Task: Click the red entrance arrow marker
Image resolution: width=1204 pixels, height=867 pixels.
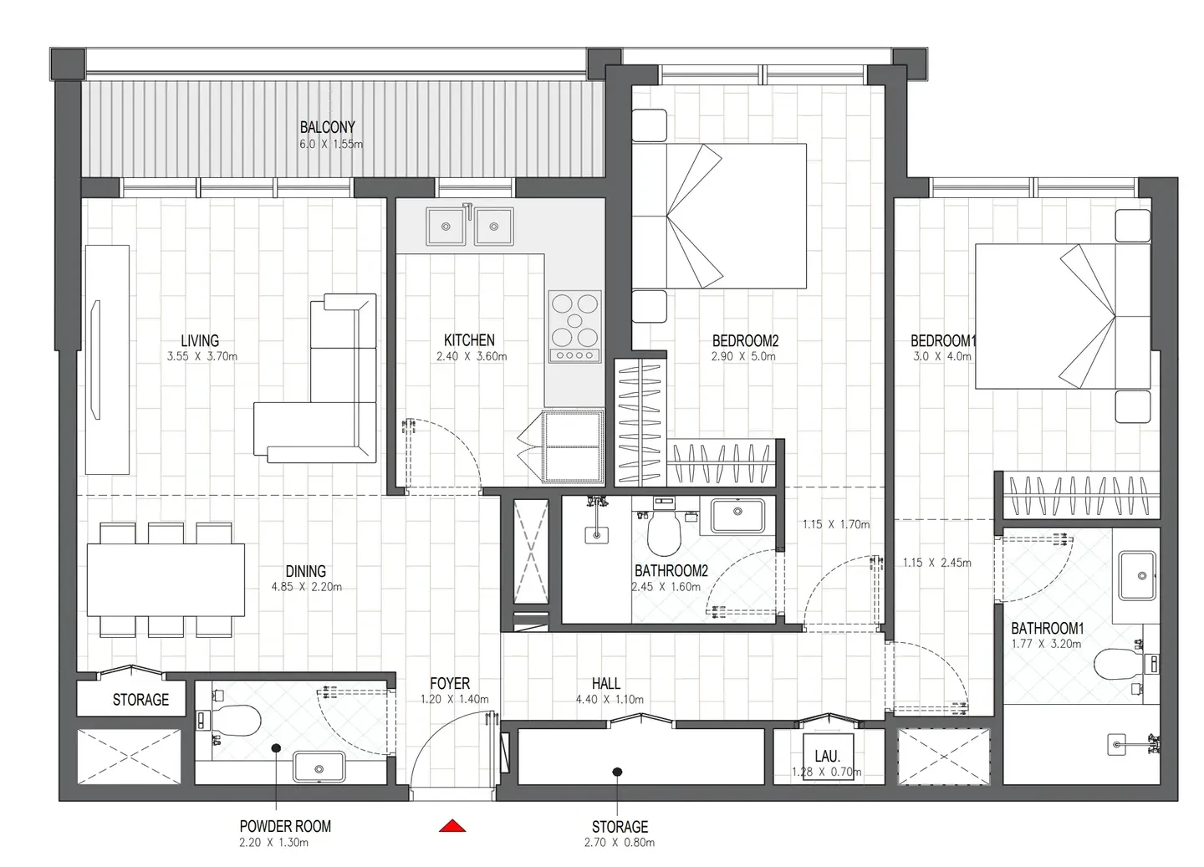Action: click(452, 825)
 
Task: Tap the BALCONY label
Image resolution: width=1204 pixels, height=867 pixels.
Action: click(328, 127)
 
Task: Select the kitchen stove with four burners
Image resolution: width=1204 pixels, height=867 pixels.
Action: click(574, 326)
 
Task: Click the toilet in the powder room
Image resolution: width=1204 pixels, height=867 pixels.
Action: click(237, 720)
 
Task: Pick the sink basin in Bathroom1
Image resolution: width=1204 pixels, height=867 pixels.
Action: click(1137, 575)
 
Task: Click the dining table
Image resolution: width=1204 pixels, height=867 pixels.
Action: click(166, 579)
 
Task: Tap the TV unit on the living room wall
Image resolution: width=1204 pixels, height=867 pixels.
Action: click(108, 360)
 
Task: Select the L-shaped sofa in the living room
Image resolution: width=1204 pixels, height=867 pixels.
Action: click(315, 378)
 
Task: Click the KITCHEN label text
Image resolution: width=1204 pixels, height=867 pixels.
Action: click(469, 340)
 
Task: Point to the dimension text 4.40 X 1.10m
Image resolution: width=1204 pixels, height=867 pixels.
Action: click(610, 699)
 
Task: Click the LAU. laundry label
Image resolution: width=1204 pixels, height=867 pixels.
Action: click(827, 757)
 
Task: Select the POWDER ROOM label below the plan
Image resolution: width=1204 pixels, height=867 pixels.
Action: click(285, 826)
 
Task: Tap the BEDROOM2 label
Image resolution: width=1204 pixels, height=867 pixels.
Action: click(745, 341)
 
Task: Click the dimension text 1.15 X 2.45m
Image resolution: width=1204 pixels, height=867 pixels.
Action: click(936, 563)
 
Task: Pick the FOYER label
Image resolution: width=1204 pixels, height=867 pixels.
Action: click(450, 684)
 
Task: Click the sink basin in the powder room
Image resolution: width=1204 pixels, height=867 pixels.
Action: click(319, 767)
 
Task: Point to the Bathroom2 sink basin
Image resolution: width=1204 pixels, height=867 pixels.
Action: click(738, 515)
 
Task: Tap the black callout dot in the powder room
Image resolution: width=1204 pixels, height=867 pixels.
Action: click(276, 747)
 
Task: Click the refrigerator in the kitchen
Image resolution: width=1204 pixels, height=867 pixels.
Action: click(573, 446)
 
